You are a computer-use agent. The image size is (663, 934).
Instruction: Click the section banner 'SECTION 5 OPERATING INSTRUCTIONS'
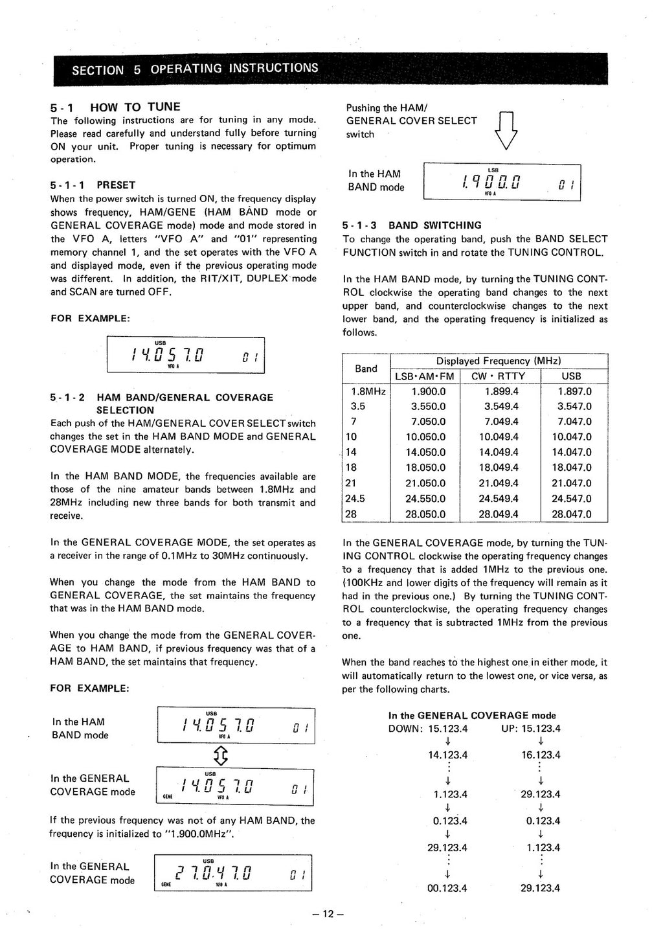(195, 69)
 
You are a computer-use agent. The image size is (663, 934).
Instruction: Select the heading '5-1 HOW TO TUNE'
(115, 107)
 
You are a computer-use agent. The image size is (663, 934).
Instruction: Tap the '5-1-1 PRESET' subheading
(93, 185)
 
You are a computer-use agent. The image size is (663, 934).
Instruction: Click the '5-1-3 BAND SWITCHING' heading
(412, 225)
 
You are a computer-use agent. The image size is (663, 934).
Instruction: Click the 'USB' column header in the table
(571, 376)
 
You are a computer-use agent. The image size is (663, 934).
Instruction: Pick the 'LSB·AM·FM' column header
(425, 376)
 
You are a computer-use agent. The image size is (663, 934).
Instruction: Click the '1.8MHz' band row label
(368, 392)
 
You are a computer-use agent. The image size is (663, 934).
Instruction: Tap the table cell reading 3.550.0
(429, 407)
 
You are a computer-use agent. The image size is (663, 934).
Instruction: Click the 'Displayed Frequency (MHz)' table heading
(499, 361)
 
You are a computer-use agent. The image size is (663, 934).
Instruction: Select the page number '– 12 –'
(327, 915)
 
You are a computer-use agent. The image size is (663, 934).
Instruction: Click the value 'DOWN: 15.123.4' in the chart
(427, 729)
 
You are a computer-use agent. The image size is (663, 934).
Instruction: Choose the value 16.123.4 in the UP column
(541, 755)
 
